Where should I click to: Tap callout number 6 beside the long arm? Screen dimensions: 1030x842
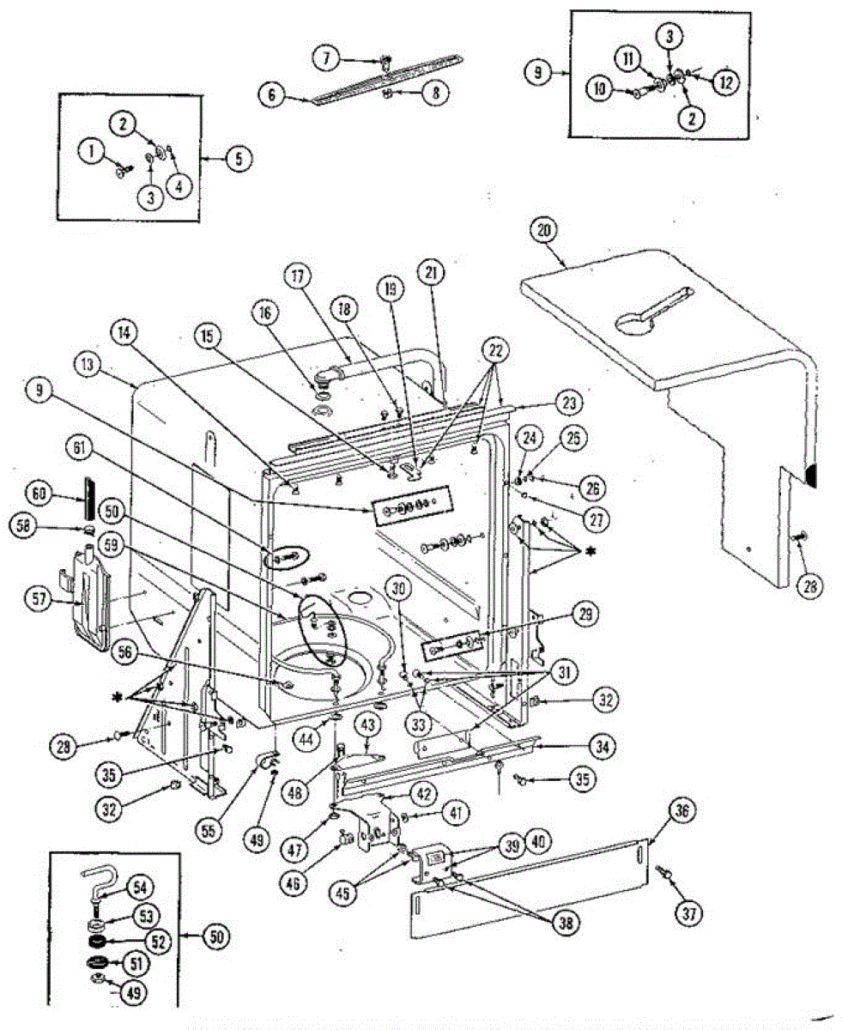[x=272, y=96]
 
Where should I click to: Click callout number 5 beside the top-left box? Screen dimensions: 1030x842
[x=239, y=158]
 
